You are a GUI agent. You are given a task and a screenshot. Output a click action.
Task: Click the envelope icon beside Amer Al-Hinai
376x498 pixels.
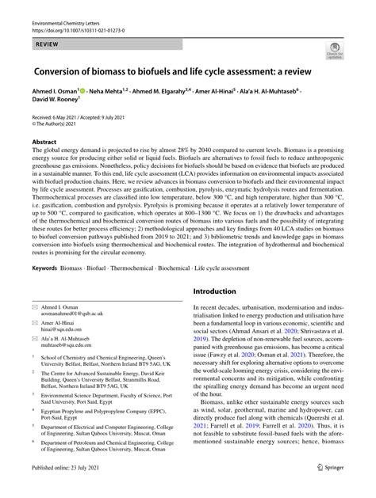[x=34, y=329]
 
